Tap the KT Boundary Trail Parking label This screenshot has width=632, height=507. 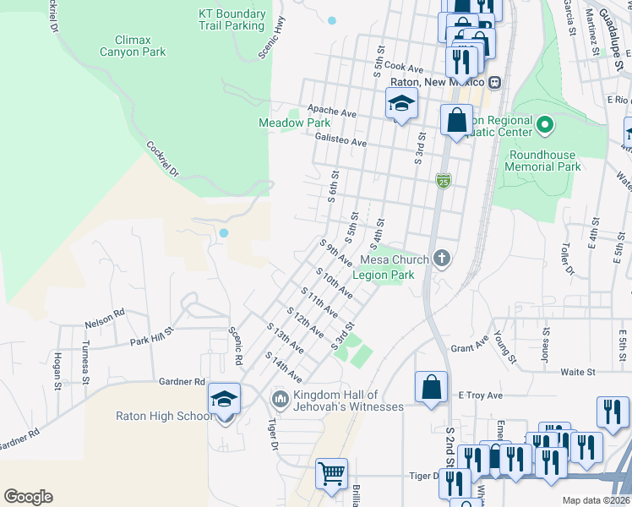231,19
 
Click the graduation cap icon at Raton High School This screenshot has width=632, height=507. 224,400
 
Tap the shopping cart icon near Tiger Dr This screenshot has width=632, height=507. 331,472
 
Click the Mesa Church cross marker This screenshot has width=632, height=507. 439,259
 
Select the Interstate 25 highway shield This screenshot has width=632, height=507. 444,180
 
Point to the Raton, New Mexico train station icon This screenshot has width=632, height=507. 495,83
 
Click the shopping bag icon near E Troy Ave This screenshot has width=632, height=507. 430,387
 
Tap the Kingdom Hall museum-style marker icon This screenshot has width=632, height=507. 280,397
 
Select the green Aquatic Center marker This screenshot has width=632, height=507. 545,127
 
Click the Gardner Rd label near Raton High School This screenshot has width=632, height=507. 182,382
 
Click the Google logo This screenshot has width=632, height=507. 28,497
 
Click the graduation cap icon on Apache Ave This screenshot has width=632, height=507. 401,105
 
